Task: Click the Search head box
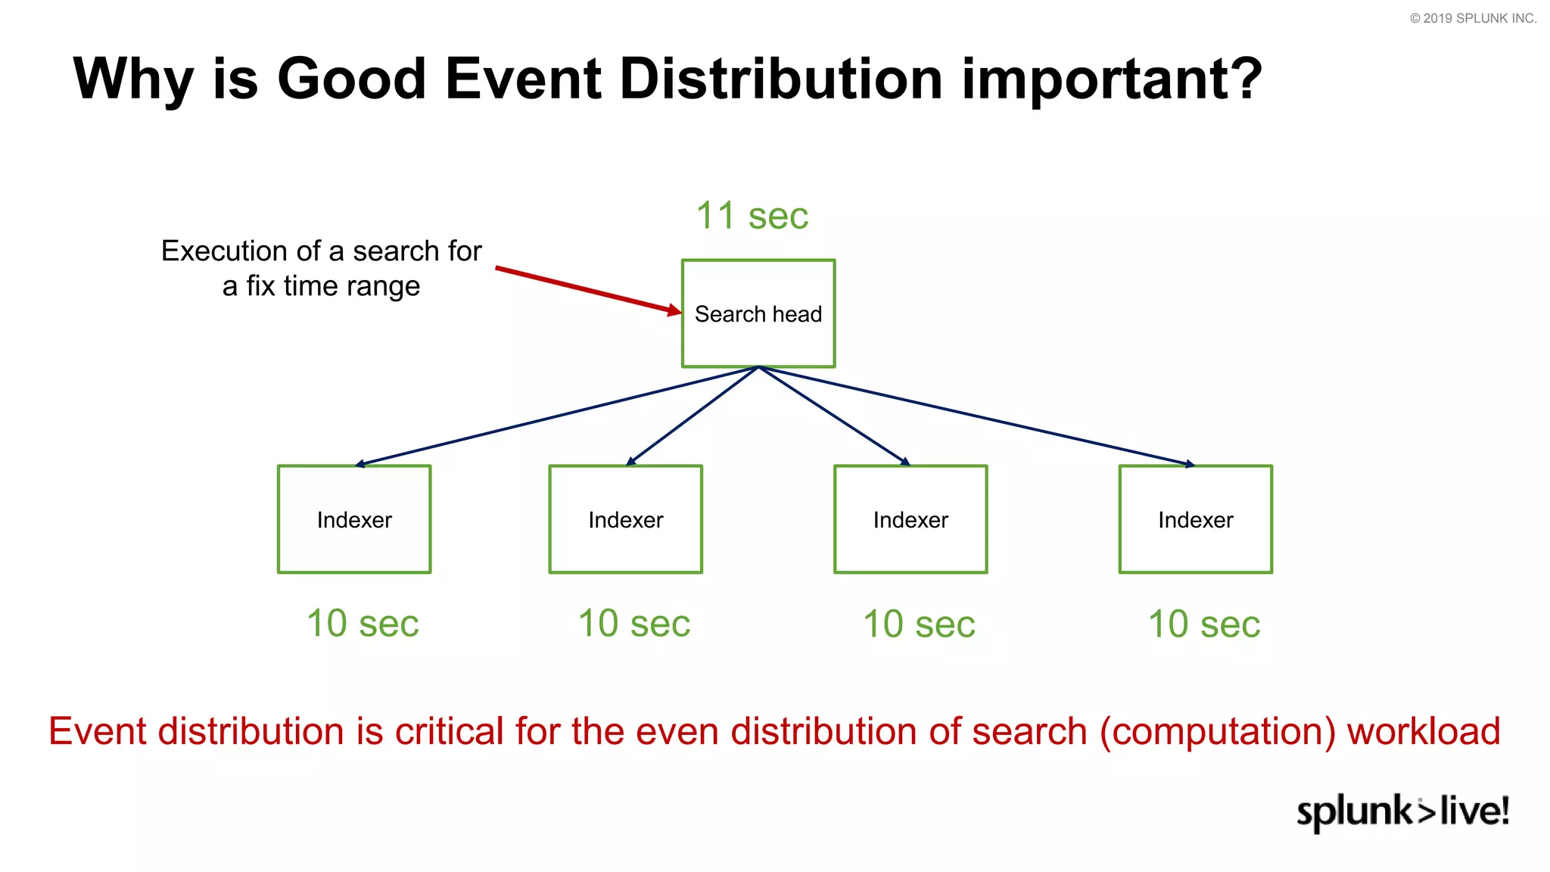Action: coord(758,313)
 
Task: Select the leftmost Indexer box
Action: coord(354,519)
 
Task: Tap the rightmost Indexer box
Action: coord(1196,519)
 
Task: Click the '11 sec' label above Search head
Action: coord(752,216)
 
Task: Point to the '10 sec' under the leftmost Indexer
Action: coord(363,624)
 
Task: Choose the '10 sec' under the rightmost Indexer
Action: coord(1204,624)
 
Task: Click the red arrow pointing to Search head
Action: coord(587,289)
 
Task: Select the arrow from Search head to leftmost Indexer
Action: coord(556,416)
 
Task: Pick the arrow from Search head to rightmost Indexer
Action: coord(976,416)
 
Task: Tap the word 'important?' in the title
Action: coord(1112,79)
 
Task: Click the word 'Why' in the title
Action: coord(133,79)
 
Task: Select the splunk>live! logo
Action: coord(1402,811)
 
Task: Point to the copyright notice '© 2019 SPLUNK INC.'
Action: coord(1473,18)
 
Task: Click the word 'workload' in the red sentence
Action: coord(1424,731)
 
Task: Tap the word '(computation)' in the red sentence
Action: coord(1218,731)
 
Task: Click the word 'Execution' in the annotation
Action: coord(224,251)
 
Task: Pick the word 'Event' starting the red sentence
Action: coord(97,731)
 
